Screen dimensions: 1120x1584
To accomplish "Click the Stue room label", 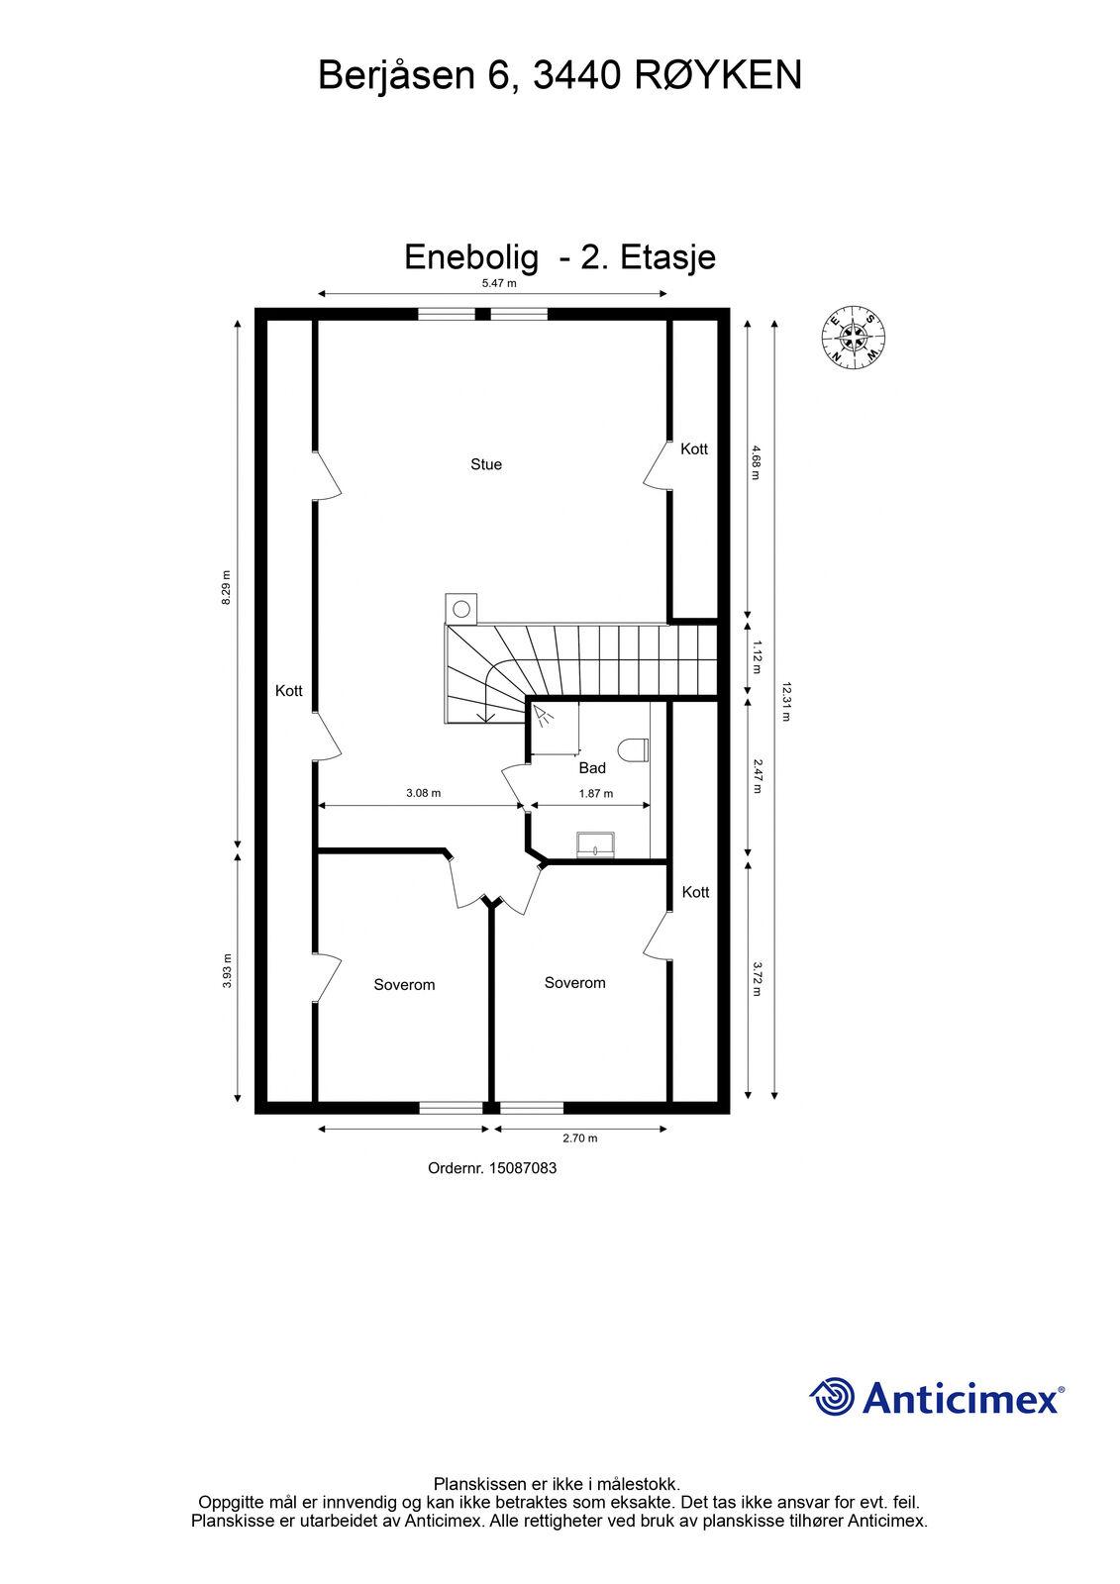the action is pos(486,464).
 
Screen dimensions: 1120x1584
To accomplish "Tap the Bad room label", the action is pos(592,768).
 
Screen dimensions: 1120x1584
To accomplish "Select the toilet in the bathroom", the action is pos(633,750).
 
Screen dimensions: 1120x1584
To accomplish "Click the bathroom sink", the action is pos(596,844).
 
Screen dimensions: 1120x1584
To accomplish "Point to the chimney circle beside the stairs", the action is pos(461,608).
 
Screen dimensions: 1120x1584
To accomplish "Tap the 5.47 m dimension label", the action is pos(499,283).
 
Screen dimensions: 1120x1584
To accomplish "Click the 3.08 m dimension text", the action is pos(423,793).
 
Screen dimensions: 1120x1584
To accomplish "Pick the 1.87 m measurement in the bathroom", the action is pos(596,793).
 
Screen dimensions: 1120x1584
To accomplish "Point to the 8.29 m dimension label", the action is pos(227,588).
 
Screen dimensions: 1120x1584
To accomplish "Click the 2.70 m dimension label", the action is pos(580,1138).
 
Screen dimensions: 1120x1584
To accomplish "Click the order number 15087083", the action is pos(522,1168).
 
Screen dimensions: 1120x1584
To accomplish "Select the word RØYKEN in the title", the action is pos(718,75).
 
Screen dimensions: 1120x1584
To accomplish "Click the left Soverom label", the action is pos(404,984).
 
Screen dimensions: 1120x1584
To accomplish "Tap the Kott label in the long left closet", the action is pos(289,691).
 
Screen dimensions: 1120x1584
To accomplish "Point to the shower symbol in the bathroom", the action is pos(543,716).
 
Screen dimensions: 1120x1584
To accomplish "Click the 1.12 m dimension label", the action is pos(757,657).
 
